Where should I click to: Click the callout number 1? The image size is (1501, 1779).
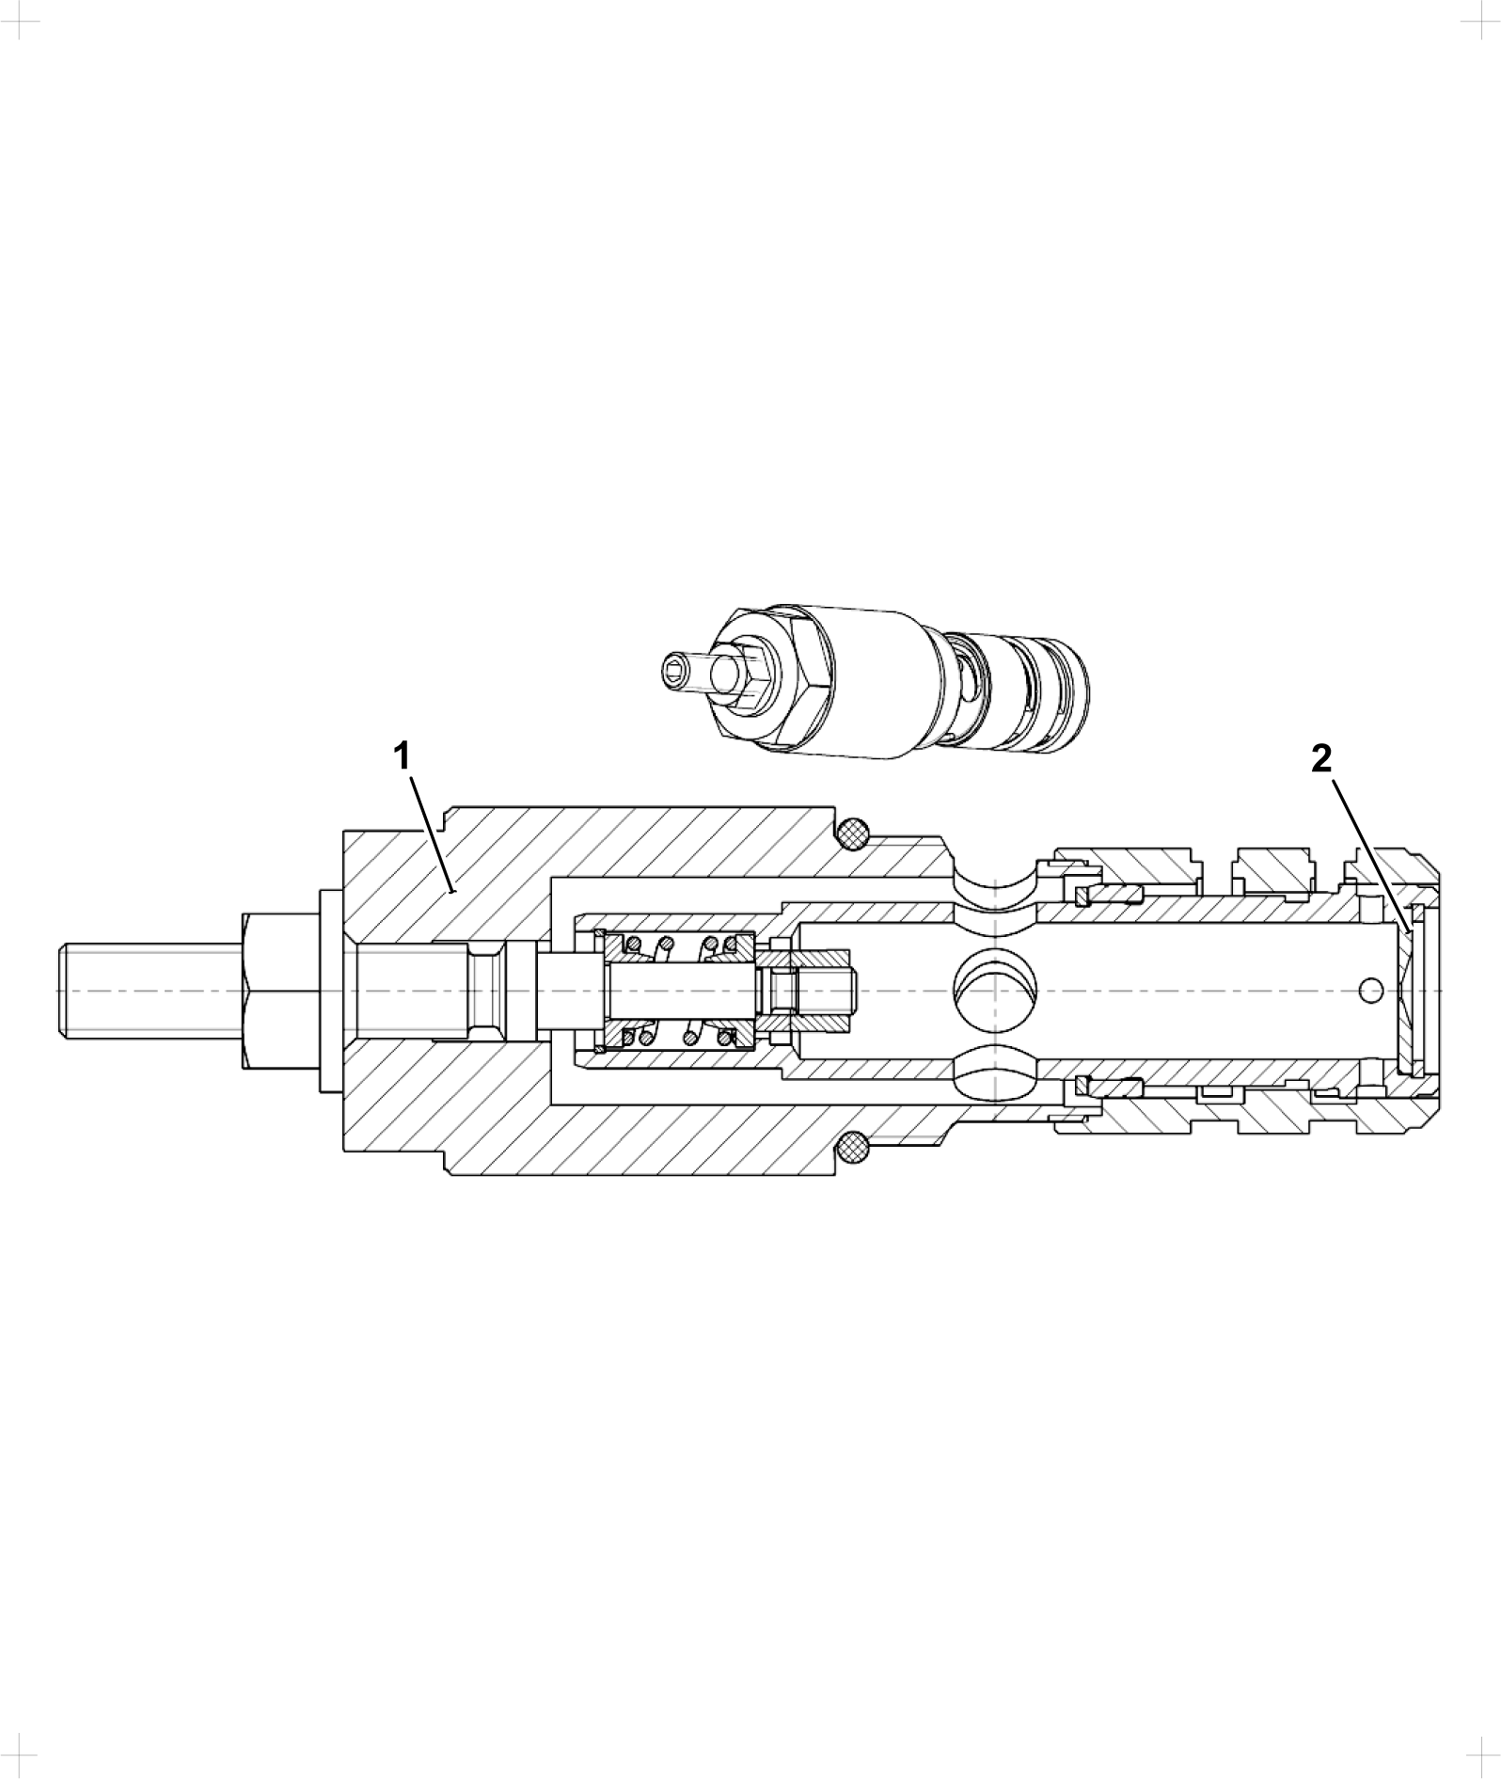tap(402, 756)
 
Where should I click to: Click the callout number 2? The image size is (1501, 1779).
tap(1321, 759)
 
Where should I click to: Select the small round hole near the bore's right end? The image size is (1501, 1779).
tap(1372, 989)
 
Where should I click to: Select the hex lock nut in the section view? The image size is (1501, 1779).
tap(281, 989)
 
